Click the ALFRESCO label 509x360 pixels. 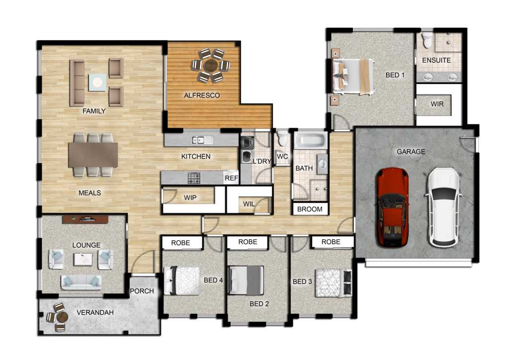pyautogui.click(x=202, y=95)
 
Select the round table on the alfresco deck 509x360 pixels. pyautogui.click(x=211, y=66)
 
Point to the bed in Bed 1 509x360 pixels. pyautogui.click(x=352, y=77)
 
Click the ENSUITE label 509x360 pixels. pyautogui.click(x=436, y=60)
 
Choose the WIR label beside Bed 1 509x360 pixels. pyautogui.click(x=437, y=104)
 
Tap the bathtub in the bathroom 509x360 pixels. pyautogui.click(x=311, y=141)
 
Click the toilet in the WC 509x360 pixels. pyautogui.click(x=282, y=138)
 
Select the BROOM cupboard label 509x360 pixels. pyautogui.click(x=310, y=209)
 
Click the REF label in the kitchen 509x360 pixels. pyautogui.click(x=232, y=178)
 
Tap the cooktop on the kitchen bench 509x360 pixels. pyautogui.click(x=194, y=178)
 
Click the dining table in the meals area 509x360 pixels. pyautogui.click(x=93, y=155)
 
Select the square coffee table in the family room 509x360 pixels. pyautogui.click(x=97, y=83)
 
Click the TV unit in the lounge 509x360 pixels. pyautogui.click(x=85, y=219)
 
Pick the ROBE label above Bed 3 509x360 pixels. pyautogui.click(x=331, y=242)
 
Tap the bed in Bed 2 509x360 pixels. pyautogui.click(x=246, y=280)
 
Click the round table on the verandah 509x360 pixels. pyautogui.click(x=61, y=316)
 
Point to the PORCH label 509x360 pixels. pyautogui.click(x=142, y=291)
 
